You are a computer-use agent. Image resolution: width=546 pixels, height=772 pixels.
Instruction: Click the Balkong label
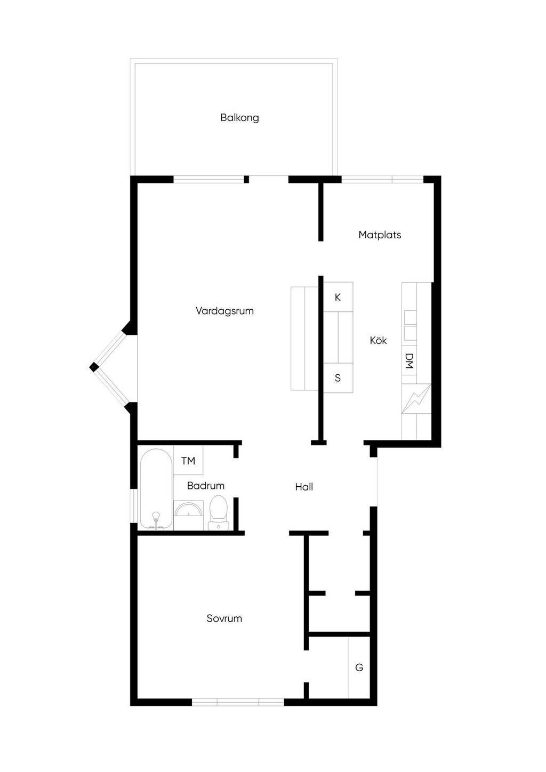[x=239, y=118]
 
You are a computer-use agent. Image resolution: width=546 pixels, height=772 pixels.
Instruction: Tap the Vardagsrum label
[x=224, y=311]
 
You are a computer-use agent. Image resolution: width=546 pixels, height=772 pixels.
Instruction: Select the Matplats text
[x=380, y=235]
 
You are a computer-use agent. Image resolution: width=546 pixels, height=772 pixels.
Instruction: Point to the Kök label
[x=378, y=341]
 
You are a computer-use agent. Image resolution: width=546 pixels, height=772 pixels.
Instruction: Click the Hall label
[x=304, y=487]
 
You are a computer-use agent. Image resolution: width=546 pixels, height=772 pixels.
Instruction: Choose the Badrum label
[x=206, y=486]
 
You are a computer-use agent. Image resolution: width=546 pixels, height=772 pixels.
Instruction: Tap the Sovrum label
[x=224, y=618]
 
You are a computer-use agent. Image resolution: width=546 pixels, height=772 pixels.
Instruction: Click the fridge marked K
[x=338, y=297]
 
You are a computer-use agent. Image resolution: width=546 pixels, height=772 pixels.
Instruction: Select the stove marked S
[x=338, y=377]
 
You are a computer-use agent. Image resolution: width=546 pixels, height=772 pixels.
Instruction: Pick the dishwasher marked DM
[x=409, y=361]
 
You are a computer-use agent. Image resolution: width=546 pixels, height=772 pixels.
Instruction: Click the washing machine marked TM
[x=188, y=461]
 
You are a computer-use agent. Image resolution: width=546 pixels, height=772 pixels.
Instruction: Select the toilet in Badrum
[x=219, y=512]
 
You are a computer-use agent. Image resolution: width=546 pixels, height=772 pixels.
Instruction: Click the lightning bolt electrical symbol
[x=416, y=399]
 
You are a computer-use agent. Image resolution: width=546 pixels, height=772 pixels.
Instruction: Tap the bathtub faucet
[x=156, y=519]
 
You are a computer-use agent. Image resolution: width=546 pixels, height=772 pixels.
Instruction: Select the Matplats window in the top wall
[x=382, y=179]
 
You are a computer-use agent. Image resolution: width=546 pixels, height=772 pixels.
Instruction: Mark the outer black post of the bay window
[x=94, y=367]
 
